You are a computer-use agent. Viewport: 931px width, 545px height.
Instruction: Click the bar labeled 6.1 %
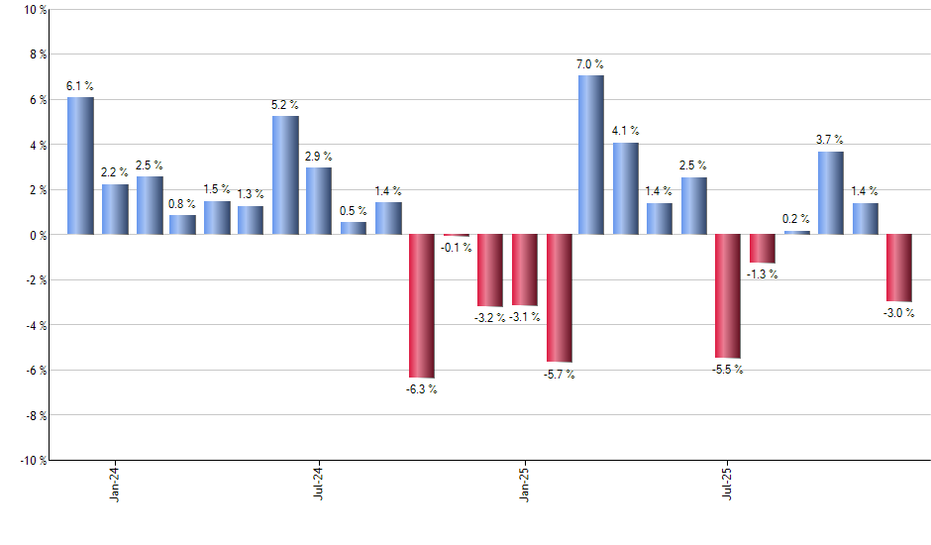[x=80, y=165]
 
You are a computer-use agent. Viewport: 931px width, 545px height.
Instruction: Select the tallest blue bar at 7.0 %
[x=591, y=155]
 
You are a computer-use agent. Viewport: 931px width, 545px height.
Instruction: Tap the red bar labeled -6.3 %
[x=422, y=305]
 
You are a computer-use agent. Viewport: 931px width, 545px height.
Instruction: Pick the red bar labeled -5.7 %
[x=560, y=297]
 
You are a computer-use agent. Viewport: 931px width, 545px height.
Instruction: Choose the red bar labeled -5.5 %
[x=727, y=295]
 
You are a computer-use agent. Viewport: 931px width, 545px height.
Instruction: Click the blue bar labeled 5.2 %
[x=285, y=175]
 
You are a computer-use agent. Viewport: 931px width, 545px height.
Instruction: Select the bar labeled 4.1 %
[x=625, y=188]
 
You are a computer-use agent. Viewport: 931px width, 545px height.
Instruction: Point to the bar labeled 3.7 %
[x=830, y=192]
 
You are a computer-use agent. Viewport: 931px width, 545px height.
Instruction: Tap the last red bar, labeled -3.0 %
[x=898, y=268]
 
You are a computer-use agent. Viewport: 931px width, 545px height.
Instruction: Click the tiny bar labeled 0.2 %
[x=796, y=233]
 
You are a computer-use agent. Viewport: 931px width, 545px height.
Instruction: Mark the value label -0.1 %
[x=456, y=248]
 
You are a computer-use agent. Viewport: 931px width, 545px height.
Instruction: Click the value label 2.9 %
[x=319, y=157]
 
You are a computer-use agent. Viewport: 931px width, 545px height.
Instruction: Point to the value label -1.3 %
[x=762, y=274]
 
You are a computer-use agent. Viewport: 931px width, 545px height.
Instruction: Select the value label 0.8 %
[x=182, y=204]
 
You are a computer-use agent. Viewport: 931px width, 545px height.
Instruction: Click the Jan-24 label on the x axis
[x=116, y=483]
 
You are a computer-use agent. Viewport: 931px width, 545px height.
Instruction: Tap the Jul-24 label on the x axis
[x=320, y=483]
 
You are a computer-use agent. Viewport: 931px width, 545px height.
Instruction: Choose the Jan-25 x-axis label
[x=524, y=483]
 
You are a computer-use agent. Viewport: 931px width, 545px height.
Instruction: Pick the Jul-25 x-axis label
[x=728, y=483]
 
